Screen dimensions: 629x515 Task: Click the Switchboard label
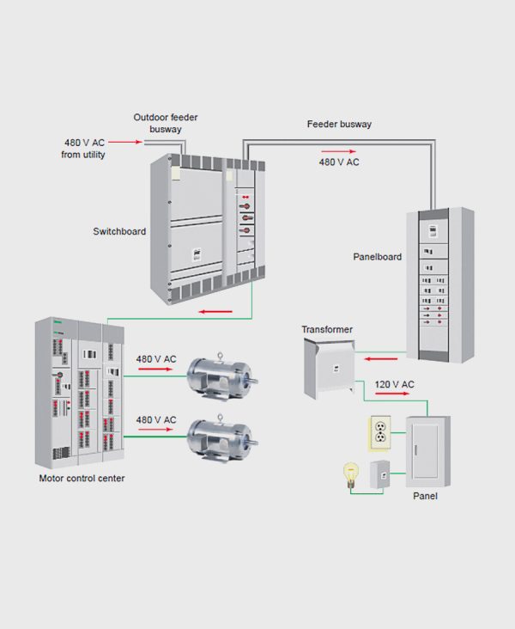pos(119,231)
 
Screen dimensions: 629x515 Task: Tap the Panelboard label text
pos(377,257)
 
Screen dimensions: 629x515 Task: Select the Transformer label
pos(327,329)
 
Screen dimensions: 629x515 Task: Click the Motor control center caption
pos(82,478)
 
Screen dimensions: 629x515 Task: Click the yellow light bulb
pos(350,474)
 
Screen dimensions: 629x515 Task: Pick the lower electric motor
pos(222,438)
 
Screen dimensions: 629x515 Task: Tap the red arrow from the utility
pos(124,142)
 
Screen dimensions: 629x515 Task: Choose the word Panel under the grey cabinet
pos(426,496)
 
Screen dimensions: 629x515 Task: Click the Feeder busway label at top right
pos(339,125)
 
